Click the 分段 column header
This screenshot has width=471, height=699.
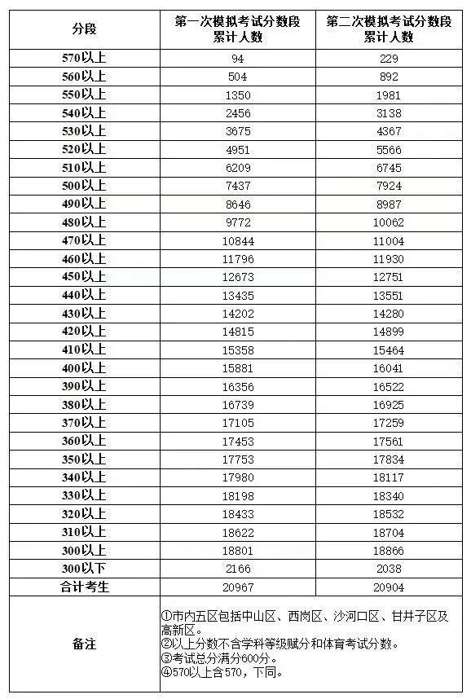point(84,29)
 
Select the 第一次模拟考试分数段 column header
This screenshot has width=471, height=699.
point(237,29)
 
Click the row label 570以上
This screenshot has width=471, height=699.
point(84,59)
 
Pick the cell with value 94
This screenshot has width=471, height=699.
point(237,59)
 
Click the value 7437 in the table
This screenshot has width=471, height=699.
point(237,186)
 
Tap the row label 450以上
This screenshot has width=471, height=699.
point(84,277)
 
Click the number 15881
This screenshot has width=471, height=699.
point(237,368)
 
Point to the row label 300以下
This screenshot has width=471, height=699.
point(84,569)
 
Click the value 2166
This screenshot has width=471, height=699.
point(237,569)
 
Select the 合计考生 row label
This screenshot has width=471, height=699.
point(84,587)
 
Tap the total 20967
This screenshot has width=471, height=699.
point(237,587)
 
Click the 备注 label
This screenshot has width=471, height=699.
point(84,644)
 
